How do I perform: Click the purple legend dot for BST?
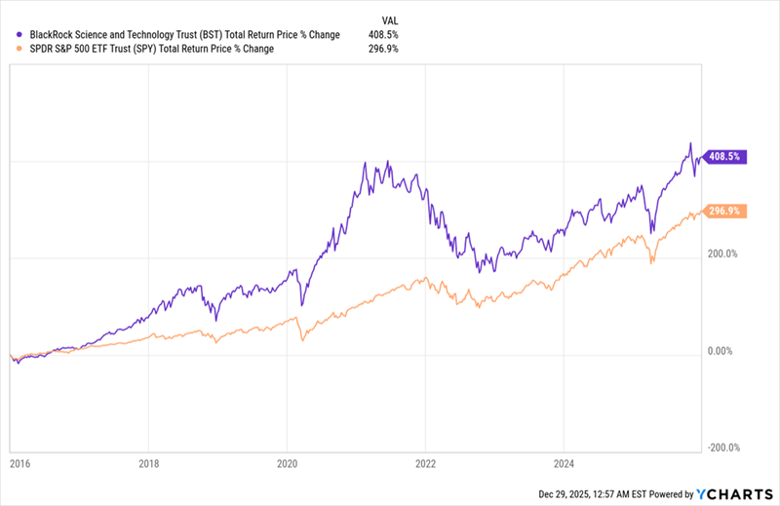click(20, 35)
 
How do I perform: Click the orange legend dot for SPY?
click(20, 49)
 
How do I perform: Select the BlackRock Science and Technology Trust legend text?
click(184, 35)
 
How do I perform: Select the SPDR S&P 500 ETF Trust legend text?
click(151, 49)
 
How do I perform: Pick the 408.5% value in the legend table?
click(383, 35)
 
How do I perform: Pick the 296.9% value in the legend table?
click(383, 49)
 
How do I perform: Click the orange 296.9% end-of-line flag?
click(727, 211)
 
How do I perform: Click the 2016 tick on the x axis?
click(19, 466)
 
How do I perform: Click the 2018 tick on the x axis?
click(148, 466)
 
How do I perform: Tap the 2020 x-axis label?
click(287, 466)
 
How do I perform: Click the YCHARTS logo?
click(733, 494)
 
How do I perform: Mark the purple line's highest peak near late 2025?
click(690, 143)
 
